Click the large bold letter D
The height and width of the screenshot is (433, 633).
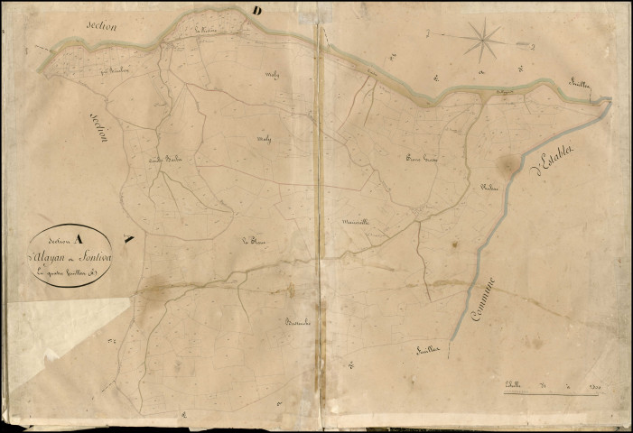(x=257, y=11)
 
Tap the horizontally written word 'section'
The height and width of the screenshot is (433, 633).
(x=102, y=26)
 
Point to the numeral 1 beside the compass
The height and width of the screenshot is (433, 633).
(x=428, y=32)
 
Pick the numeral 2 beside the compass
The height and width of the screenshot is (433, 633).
(x=535, y=45)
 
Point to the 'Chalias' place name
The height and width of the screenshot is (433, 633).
(x=490, y=187)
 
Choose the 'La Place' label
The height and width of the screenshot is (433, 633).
(x=251, y=241)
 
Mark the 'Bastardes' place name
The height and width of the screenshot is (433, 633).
(x=298, y=322)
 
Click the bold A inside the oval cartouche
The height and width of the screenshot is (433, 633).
(x=79, y=239)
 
